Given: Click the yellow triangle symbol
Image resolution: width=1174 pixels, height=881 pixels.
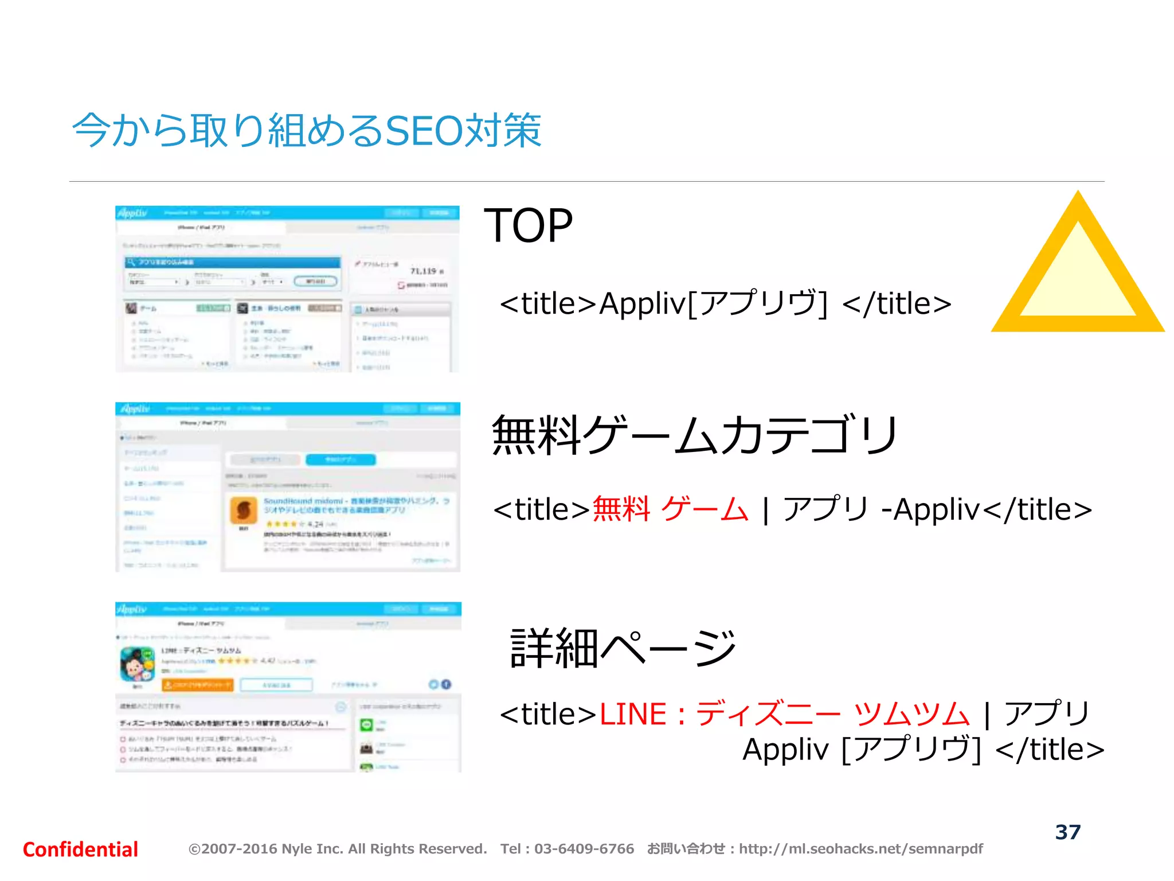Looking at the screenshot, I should [1078, 270].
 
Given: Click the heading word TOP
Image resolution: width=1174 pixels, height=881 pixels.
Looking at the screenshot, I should [528, 226].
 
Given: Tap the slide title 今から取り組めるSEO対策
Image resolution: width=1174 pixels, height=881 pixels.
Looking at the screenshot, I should [307, 130].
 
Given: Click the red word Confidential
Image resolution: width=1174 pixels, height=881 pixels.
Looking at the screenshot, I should [80, 849].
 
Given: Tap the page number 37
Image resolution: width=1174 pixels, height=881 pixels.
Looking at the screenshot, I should [1067, 832].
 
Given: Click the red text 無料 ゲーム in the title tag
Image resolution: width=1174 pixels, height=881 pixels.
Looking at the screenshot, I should [670, 509].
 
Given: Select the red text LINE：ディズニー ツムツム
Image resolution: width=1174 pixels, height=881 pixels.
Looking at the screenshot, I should [784, 715].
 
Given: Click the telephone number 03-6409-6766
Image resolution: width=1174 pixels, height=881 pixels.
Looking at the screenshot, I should [584, 849].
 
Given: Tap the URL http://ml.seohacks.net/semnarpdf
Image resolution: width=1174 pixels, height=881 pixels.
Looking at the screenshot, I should [860, 849].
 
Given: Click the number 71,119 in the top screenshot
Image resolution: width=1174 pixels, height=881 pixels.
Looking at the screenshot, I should [424, 271].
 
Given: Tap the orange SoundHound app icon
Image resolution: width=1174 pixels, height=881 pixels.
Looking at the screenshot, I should [244, 510].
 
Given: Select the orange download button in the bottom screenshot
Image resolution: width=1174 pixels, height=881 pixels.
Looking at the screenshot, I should [198, 685].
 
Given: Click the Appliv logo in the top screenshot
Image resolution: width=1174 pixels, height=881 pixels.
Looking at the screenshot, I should [132, 213].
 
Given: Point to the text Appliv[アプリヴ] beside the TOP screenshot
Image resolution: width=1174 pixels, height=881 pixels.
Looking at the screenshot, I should [713, 304].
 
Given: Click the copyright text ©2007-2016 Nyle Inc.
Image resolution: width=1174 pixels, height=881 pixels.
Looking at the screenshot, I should [338, 849].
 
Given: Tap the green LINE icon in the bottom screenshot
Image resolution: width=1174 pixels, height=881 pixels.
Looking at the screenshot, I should [366, 725].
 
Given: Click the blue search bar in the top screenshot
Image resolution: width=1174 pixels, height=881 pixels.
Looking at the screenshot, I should [232, 262].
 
